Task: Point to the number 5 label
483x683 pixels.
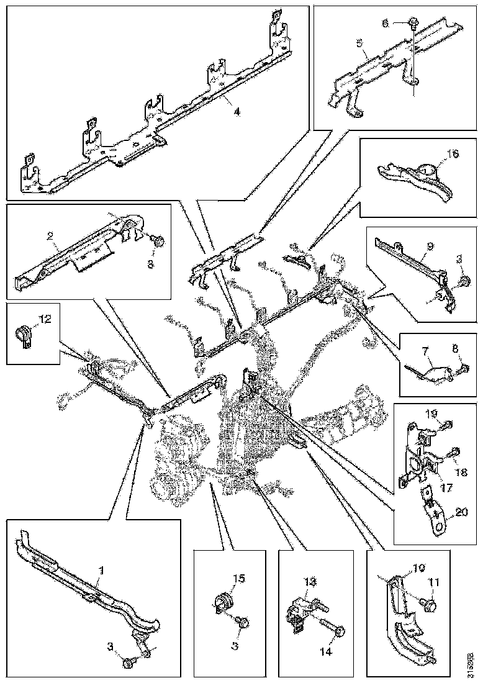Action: (x=359, y=44)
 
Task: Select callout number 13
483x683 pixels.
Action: (x=310, y=581)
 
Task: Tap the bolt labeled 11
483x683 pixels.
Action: (x=428, y=603)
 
